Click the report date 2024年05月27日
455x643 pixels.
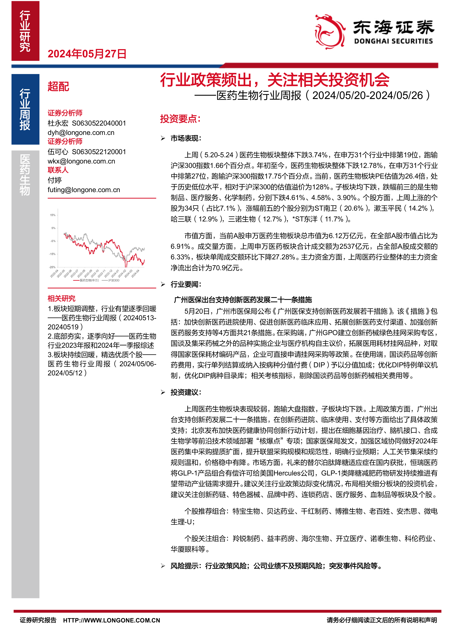(87, 54)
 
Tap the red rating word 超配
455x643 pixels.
(58, 87)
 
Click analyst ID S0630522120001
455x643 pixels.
(99, 152)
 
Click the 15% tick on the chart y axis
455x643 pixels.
(53, 215)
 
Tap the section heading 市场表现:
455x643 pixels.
(186, 138)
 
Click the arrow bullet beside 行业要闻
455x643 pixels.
(163, 284)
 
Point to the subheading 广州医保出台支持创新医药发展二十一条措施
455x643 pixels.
(243, 300)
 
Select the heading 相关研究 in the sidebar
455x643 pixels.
(61, 299)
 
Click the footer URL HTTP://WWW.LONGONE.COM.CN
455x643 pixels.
(111, 620)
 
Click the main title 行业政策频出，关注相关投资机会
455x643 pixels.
(274, 80)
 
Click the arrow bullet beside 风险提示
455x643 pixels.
(163, 566)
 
